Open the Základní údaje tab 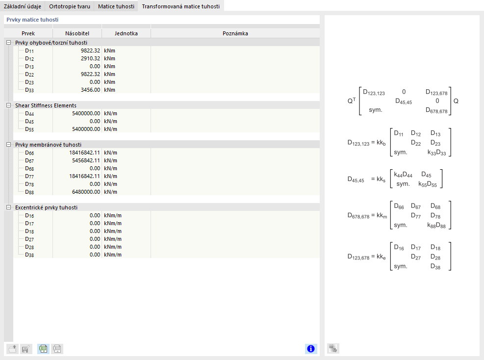(23, 6)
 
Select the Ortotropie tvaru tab (70, 6)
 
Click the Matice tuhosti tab (116, 6)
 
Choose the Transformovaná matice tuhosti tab (180, 6)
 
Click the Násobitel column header (77, 33)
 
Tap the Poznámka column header (235, 33)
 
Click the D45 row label (29, 121)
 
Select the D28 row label (29, 247)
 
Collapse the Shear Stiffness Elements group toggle (8, 105)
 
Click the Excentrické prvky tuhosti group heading (46, 207)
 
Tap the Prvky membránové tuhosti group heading (48, 145)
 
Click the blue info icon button (310, 349)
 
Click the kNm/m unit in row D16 (113, 215)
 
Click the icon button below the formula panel (333, 349)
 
